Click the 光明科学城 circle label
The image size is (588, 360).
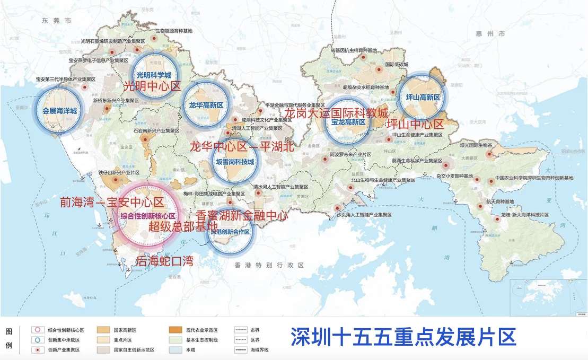153,75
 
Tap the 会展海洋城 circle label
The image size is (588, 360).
59,111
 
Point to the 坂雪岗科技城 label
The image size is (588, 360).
235,162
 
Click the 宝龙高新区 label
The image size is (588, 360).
348,122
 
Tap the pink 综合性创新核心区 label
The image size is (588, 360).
147,216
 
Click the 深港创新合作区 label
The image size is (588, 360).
230,232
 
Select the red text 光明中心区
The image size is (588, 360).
152,86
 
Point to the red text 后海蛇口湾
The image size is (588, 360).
164,261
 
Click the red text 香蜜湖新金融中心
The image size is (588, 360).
242,216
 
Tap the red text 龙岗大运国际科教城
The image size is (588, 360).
336,113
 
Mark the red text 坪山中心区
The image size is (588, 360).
415,125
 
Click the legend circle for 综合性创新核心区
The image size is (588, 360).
36,329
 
